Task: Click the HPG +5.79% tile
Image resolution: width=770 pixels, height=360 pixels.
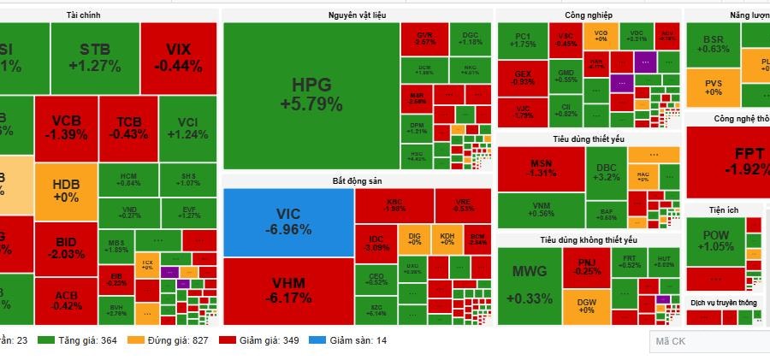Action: (x=311, y=95)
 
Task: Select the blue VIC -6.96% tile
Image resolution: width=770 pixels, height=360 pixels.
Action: (x=288, y=221)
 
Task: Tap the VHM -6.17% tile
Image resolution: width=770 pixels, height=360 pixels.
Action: (x=288, y=290)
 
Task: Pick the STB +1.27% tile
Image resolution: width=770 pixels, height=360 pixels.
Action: (x=94, y=56)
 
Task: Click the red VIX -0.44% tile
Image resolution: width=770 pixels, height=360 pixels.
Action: (x=178, y=56)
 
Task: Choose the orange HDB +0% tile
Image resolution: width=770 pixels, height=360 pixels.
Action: (x=66, y=190)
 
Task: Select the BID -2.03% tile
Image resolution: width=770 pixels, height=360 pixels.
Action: (x=66, y=248)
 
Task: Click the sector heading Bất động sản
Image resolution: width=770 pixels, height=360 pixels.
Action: (x=357, y=181)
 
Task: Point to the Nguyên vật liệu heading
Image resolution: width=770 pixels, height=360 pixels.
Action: (x=357, y=15)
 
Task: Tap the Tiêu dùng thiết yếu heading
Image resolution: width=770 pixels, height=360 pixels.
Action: (x=589, y=139)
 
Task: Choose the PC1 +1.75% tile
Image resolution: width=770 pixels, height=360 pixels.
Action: (x=524, y=39)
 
